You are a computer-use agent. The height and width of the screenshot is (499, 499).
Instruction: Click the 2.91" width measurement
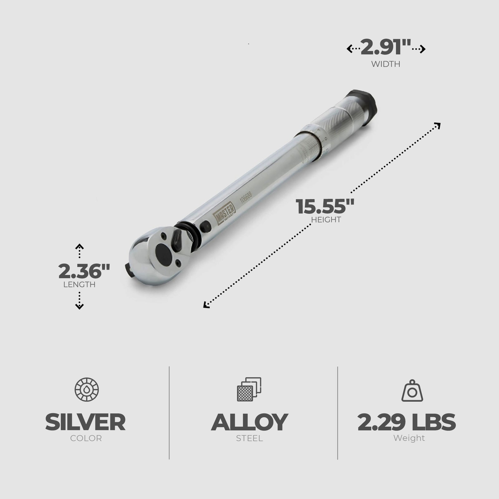(x=386, y=48)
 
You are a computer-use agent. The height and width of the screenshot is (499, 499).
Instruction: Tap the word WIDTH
(x=386, y=64)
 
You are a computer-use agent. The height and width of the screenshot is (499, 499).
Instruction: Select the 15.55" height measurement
(x=325, y=206)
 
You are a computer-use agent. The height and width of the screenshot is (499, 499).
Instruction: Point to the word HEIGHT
(x=326, y=220)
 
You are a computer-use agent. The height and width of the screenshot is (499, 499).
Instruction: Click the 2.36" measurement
(x=84, y=271)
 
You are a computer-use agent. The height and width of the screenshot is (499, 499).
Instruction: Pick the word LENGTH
(x=79, y=284)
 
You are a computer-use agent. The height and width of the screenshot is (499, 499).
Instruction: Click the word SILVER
(x=85, y=422)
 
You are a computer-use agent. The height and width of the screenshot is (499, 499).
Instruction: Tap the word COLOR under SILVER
(x=86, y=438)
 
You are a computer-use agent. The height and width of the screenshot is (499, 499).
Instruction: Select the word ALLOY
(x=249, y=422)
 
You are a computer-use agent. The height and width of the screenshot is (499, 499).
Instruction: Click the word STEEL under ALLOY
(x=249, y=438)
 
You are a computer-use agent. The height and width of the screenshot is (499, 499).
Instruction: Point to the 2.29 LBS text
(x=407, y=422)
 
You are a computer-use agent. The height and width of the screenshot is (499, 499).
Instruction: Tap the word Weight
(x=409, y=438)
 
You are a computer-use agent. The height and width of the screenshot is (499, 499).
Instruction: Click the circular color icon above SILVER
(x=87, y=390)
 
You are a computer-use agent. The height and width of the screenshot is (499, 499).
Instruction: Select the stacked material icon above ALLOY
(x=249, y=390)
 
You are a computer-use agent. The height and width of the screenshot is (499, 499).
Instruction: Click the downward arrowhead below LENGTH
(x=80, y=307)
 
